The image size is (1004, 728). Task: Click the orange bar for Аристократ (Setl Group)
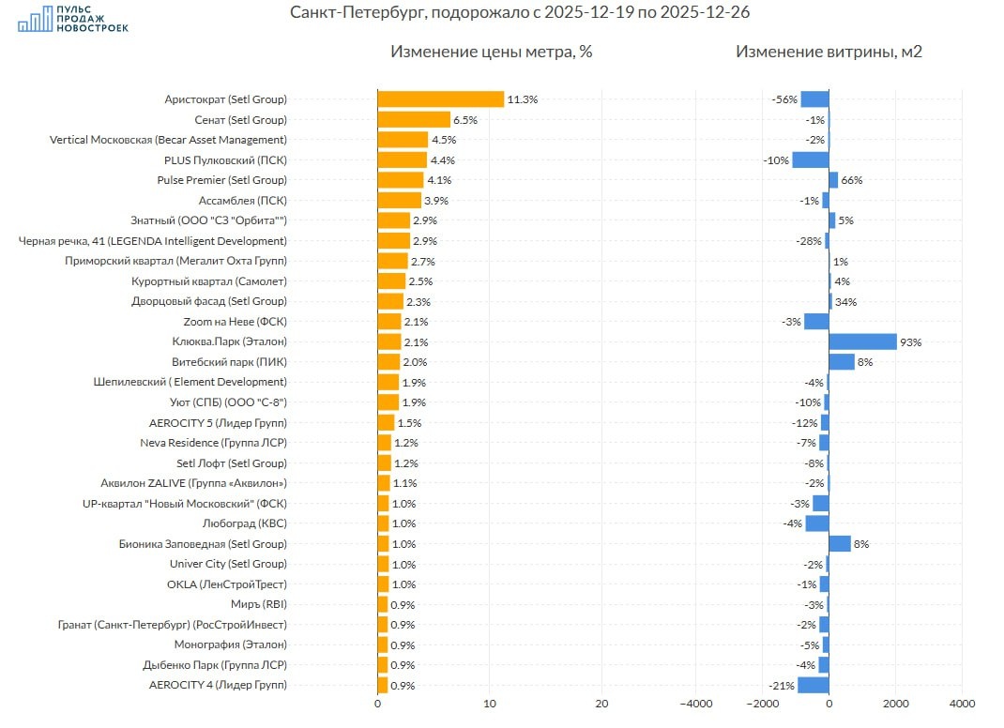tap(441, 99)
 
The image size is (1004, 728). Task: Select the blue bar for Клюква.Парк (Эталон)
tap(862, 341)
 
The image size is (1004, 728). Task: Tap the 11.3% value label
tap(523, 99)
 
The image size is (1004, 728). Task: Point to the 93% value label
tap(910, 342)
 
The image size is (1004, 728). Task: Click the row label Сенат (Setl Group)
tap(240, 120)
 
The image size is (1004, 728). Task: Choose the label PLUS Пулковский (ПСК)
tap(225, 160)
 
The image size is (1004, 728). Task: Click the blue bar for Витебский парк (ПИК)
tap(842, 362)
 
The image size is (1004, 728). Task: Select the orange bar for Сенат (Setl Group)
tap(414, 120)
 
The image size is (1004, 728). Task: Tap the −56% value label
tap(784, 99)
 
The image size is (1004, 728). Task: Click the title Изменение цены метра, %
tap(492, 52)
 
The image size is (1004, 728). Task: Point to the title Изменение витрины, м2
tap(829, 52)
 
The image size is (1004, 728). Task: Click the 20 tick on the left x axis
tap(602, 704)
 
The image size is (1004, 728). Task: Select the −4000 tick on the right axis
tap(694, 704)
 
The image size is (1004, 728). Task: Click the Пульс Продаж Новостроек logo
tap(73, 18)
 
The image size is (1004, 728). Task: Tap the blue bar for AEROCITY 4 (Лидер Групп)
tap(814, 685)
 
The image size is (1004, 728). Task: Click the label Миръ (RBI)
tap(259, 604)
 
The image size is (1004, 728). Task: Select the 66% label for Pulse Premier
tap(851, 180)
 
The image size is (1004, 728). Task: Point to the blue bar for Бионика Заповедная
tap(840, 543)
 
